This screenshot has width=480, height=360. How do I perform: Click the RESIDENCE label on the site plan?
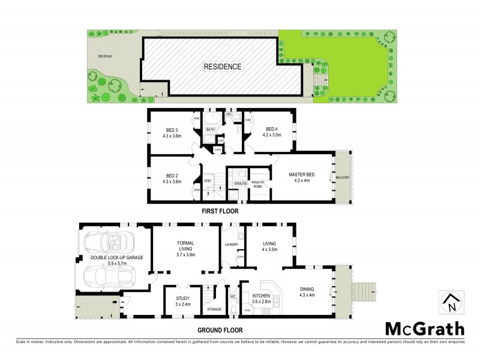(x=222, y=67)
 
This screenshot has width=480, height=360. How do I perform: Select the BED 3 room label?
(x=172, y=132)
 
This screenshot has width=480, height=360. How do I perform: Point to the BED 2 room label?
(x=172, y=178)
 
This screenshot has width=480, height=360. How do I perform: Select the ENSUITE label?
(x=241, y=182)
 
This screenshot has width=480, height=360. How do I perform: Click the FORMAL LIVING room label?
(x=185, y=248)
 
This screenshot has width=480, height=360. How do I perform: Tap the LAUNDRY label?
(x=232, y=244)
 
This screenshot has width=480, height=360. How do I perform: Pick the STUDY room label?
(x=183, y=301)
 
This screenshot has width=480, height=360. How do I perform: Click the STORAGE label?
(x=214, y=309)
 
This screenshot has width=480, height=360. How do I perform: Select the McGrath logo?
(x=424, y=328)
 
